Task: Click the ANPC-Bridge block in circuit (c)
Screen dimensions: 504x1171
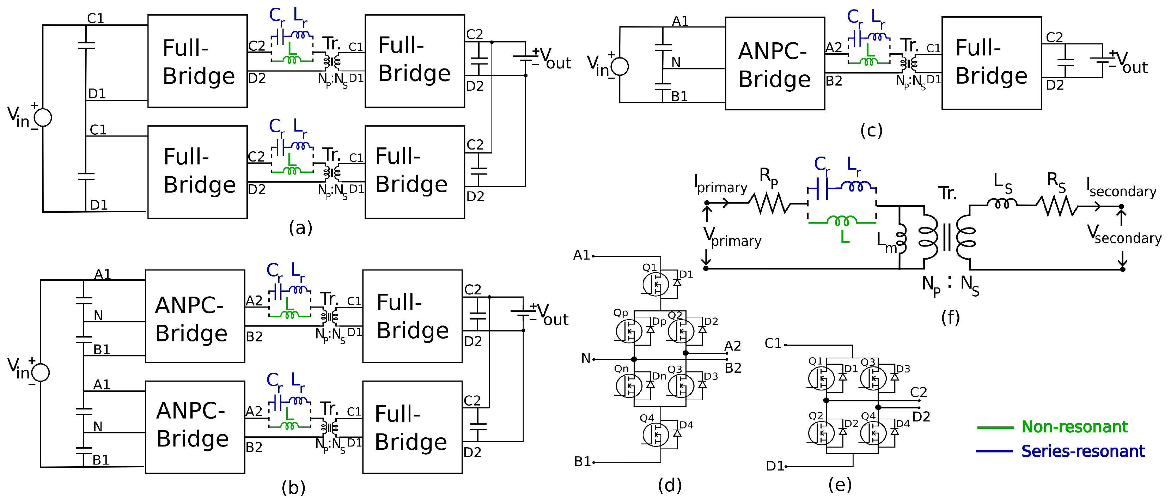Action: [774, 64]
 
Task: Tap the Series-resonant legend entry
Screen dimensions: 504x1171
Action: [1082, 451]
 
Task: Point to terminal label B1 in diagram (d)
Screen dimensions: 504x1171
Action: [582, 462]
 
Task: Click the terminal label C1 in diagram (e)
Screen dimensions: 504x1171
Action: [773, 344]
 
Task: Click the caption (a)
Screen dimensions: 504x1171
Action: [300, 227]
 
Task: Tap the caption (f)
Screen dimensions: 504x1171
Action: [950, 317]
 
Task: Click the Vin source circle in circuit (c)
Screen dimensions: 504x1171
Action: [620, 66]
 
